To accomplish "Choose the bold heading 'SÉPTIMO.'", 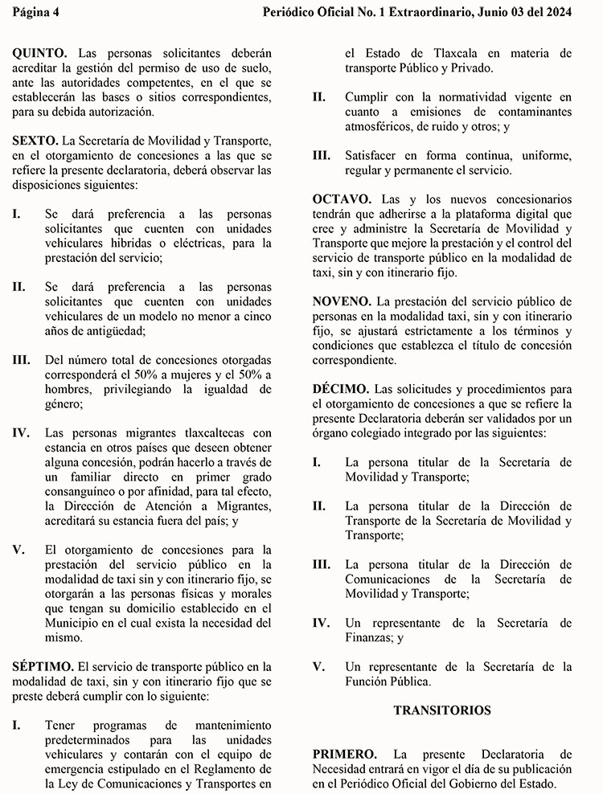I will (43, 666).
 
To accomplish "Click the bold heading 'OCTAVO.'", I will (342, 198).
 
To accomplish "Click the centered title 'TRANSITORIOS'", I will (442, 710).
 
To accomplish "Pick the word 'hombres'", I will (70, 389).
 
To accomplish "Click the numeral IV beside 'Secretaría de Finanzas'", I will (321, 623).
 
